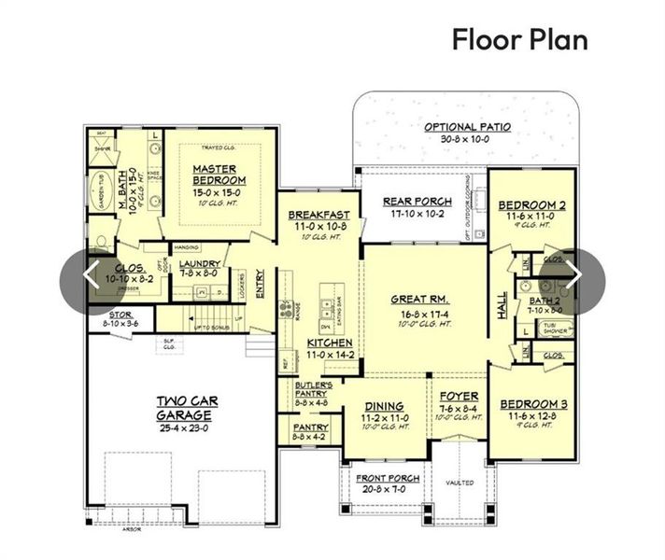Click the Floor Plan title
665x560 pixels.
[x=520, y=40]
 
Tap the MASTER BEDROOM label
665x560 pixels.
[x=219, y=175]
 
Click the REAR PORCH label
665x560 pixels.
[x=417, y=202]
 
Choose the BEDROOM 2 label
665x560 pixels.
[x=531, y=205]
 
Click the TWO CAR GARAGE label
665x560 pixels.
[x=188, y=407]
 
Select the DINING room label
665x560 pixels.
[x=384, y=406]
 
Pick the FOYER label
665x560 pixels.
[x=459, y=396]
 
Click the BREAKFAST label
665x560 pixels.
[x=318, y=214]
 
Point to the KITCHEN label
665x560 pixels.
[x=330, y=343]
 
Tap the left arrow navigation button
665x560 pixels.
[x=91, y=275]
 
